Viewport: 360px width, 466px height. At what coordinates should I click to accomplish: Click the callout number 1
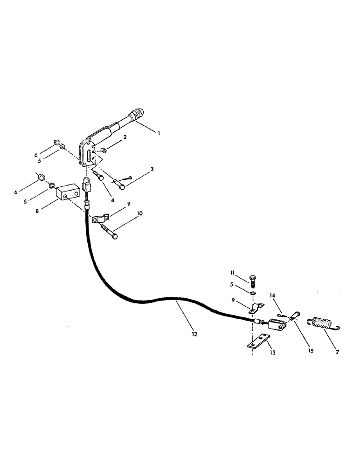click(x=159, y=133)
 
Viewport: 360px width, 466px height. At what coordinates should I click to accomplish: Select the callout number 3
click(x=152, y=169)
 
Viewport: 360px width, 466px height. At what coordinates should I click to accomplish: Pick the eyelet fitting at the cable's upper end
click(x=87, y=184)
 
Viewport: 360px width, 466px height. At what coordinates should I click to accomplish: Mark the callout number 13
click(x=272, y=353)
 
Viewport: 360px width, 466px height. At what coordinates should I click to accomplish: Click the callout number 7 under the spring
click(x=337, y=352)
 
